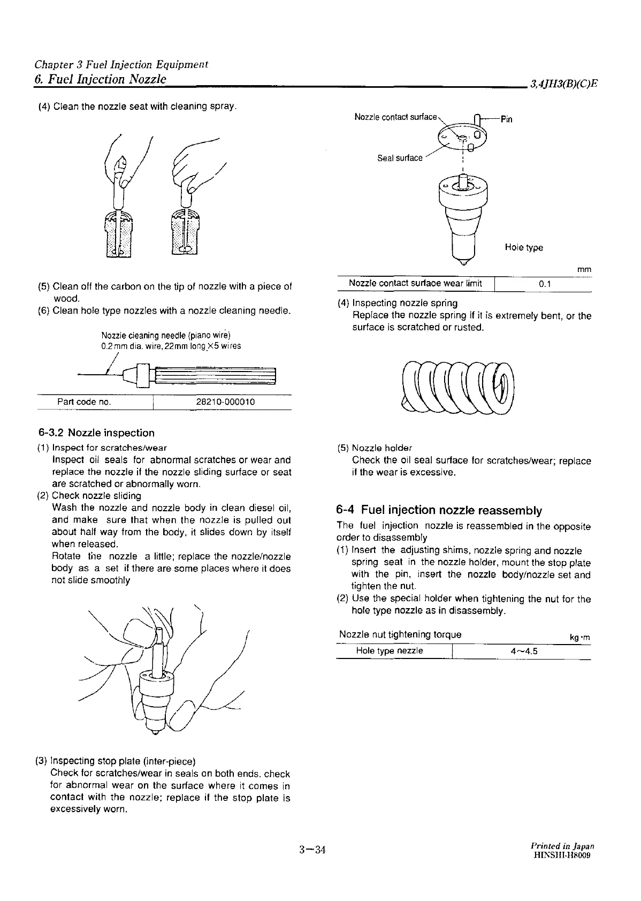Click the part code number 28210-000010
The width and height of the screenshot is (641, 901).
coord(222,402)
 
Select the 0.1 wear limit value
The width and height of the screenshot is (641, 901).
coord(545,284)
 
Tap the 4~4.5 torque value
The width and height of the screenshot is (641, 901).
coord(524,651)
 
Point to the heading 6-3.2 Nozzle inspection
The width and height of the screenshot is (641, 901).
coord(96,433)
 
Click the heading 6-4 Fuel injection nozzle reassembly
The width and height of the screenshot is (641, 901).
coord(439,510)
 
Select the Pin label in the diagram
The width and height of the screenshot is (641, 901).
coord(506,119)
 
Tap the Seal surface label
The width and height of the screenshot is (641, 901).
coord(400,158)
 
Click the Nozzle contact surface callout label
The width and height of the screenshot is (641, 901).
coord(396,117)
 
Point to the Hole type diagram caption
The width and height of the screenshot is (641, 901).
coord(523,247)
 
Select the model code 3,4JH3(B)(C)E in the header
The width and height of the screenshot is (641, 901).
coord(563,84)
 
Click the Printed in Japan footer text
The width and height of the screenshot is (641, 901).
coord(562,846)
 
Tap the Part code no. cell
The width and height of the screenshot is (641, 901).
coord(84,402)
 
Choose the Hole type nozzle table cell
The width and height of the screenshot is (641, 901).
coord(390,651)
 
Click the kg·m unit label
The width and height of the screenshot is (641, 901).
coord(580,638)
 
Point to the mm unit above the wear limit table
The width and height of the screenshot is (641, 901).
coord(584,270)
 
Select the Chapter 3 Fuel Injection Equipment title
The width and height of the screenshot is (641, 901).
coord(121,65)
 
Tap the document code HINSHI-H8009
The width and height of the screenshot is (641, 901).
coord(561,856)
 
